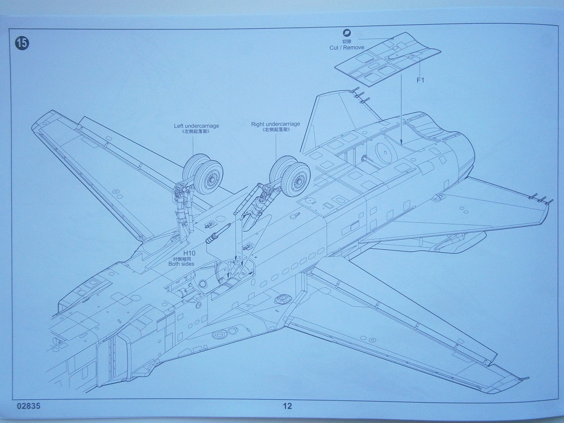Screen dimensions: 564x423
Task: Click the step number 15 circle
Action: [21, 42]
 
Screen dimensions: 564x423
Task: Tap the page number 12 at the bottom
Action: [288, 406]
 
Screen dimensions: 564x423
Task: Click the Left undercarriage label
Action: [196, 125]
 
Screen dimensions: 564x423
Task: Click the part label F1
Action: [420, 80]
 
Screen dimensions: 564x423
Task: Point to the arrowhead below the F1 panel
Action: [400, 142]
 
